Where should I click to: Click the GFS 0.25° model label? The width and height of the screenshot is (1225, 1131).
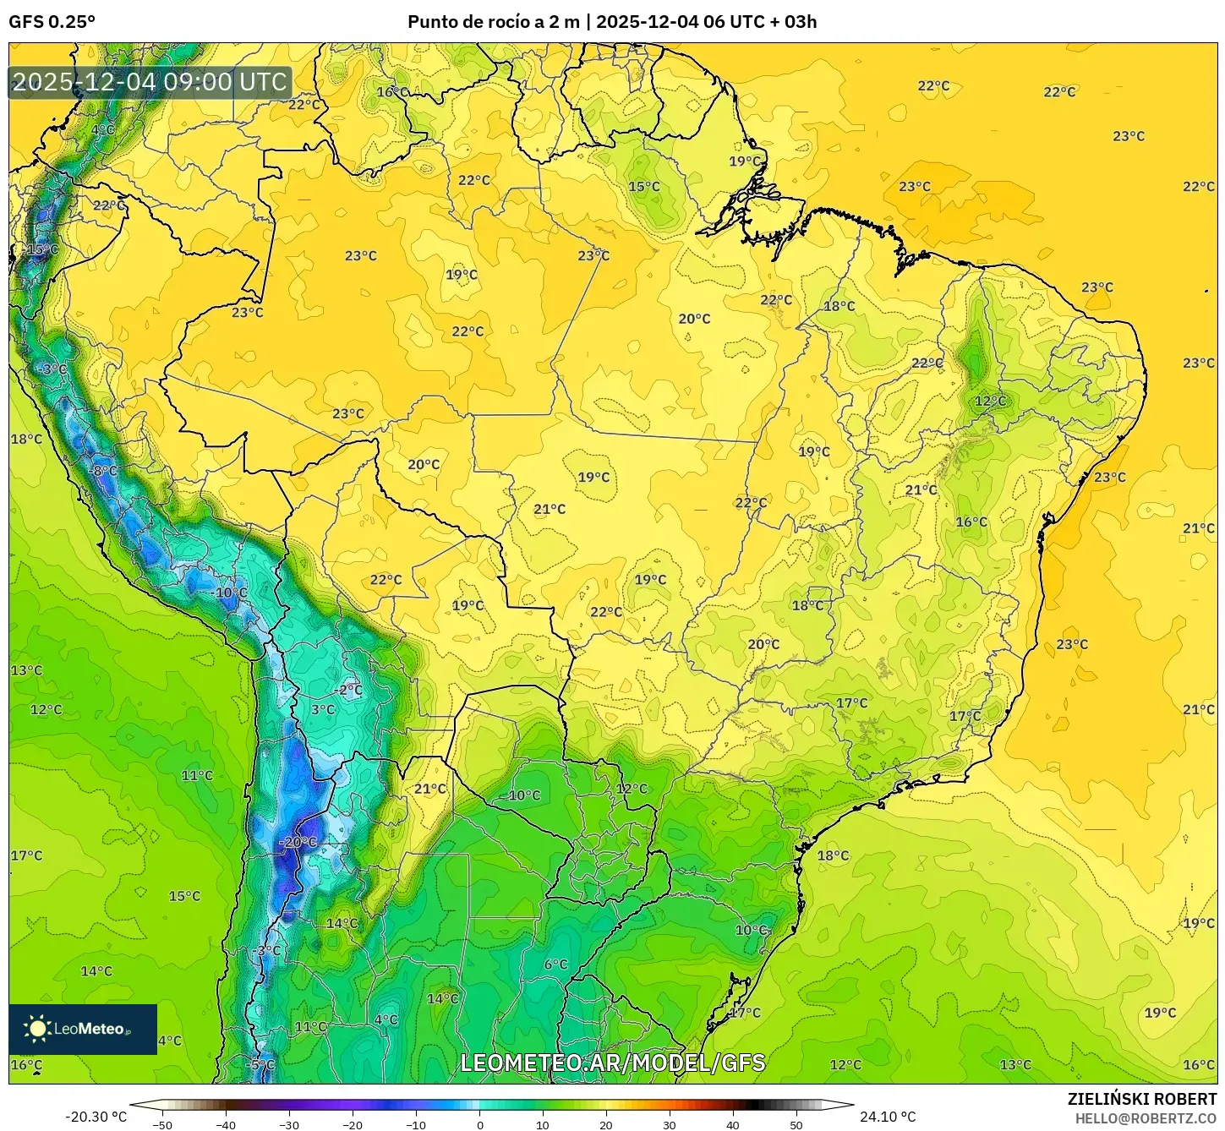(x=52, y=22)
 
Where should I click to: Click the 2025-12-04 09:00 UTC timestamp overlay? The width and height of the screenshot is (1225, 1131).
(x=150, y=82)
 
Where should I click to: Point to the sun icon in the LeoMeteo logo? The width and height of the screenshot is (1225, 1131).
(x=37, y=1029)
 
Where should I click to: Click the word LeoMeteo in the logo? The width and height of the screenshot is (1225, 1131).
(x=90, y=1029)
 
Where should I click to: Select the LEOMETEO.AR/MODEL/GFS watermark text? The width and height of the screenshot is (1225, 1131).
(x=612, y=1063)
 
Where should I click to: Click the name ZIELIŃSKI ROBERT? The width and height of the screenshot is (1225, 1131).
(x=1141, y=1100)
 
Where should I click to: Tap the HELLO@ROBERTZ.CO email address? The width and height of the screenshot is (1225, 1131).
(x=1146, y=1118)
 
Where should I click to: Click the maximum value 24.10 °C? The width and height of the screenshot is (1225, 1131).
(x=887, y=1117)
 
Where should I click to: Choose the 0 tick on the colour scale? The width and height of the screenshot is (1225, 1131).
(x=479, y=1124)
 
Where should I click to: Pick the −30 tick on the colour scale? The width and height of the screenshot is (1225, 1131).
(x=289, y=1124)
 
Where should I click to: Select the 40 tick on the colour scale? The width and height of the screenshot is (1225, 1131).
(x=733, y=1124)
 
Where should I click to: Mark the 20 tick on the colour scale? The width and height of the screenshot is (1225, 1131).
(x=606, y=1124)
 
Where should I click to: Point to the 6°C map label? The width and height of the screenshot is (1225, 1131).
(x=555, y=964)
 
